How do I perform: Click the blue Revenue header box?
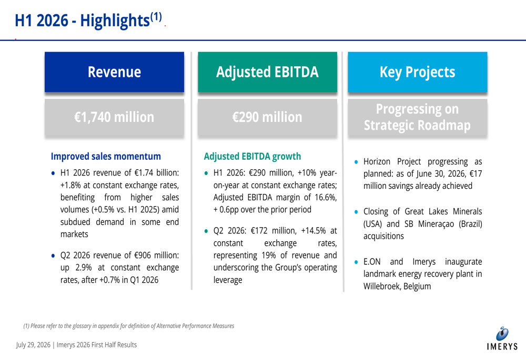(114, 71)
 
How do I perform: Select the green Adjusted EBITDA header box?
(267, 71)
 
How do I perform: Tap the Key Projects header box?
(417, 71)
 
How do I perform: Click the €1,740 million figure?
(114, 117)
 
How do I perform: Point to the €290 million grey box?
(267, 117)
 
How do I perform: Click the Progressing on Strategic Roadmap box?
(417, 117)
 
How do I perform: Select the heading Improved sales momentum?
(106, 156)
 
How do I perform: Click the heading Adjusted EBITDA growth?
(252, 156)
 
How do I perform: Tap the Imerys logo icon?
(502, 334)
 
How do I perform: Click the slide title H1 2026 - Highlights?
(88, 20)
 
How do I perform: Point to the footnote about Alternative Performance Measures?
(128, 326)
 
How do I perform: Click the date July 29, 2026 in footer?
(33, 345)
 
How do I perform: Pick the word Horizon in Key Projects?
(377, 161)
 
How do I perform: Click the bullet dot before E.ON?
(356, 262)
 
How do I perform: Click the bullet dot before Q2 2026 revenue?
(53, 256)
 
